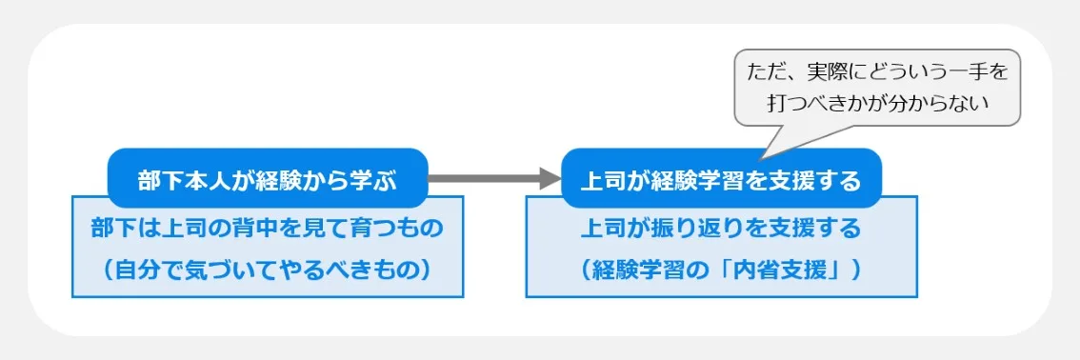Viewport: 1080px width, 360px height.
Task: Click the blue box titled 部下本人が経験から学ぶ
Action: coord(267,177)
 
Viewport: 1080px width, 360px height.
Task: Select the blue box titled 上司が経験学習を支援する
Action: coord(721,179)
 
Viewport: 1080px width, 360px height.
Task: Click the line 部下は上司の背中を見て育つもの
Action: coord(267,229)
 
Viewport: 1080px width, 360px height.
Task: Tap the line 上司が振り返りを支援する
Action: coord(721,229)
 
